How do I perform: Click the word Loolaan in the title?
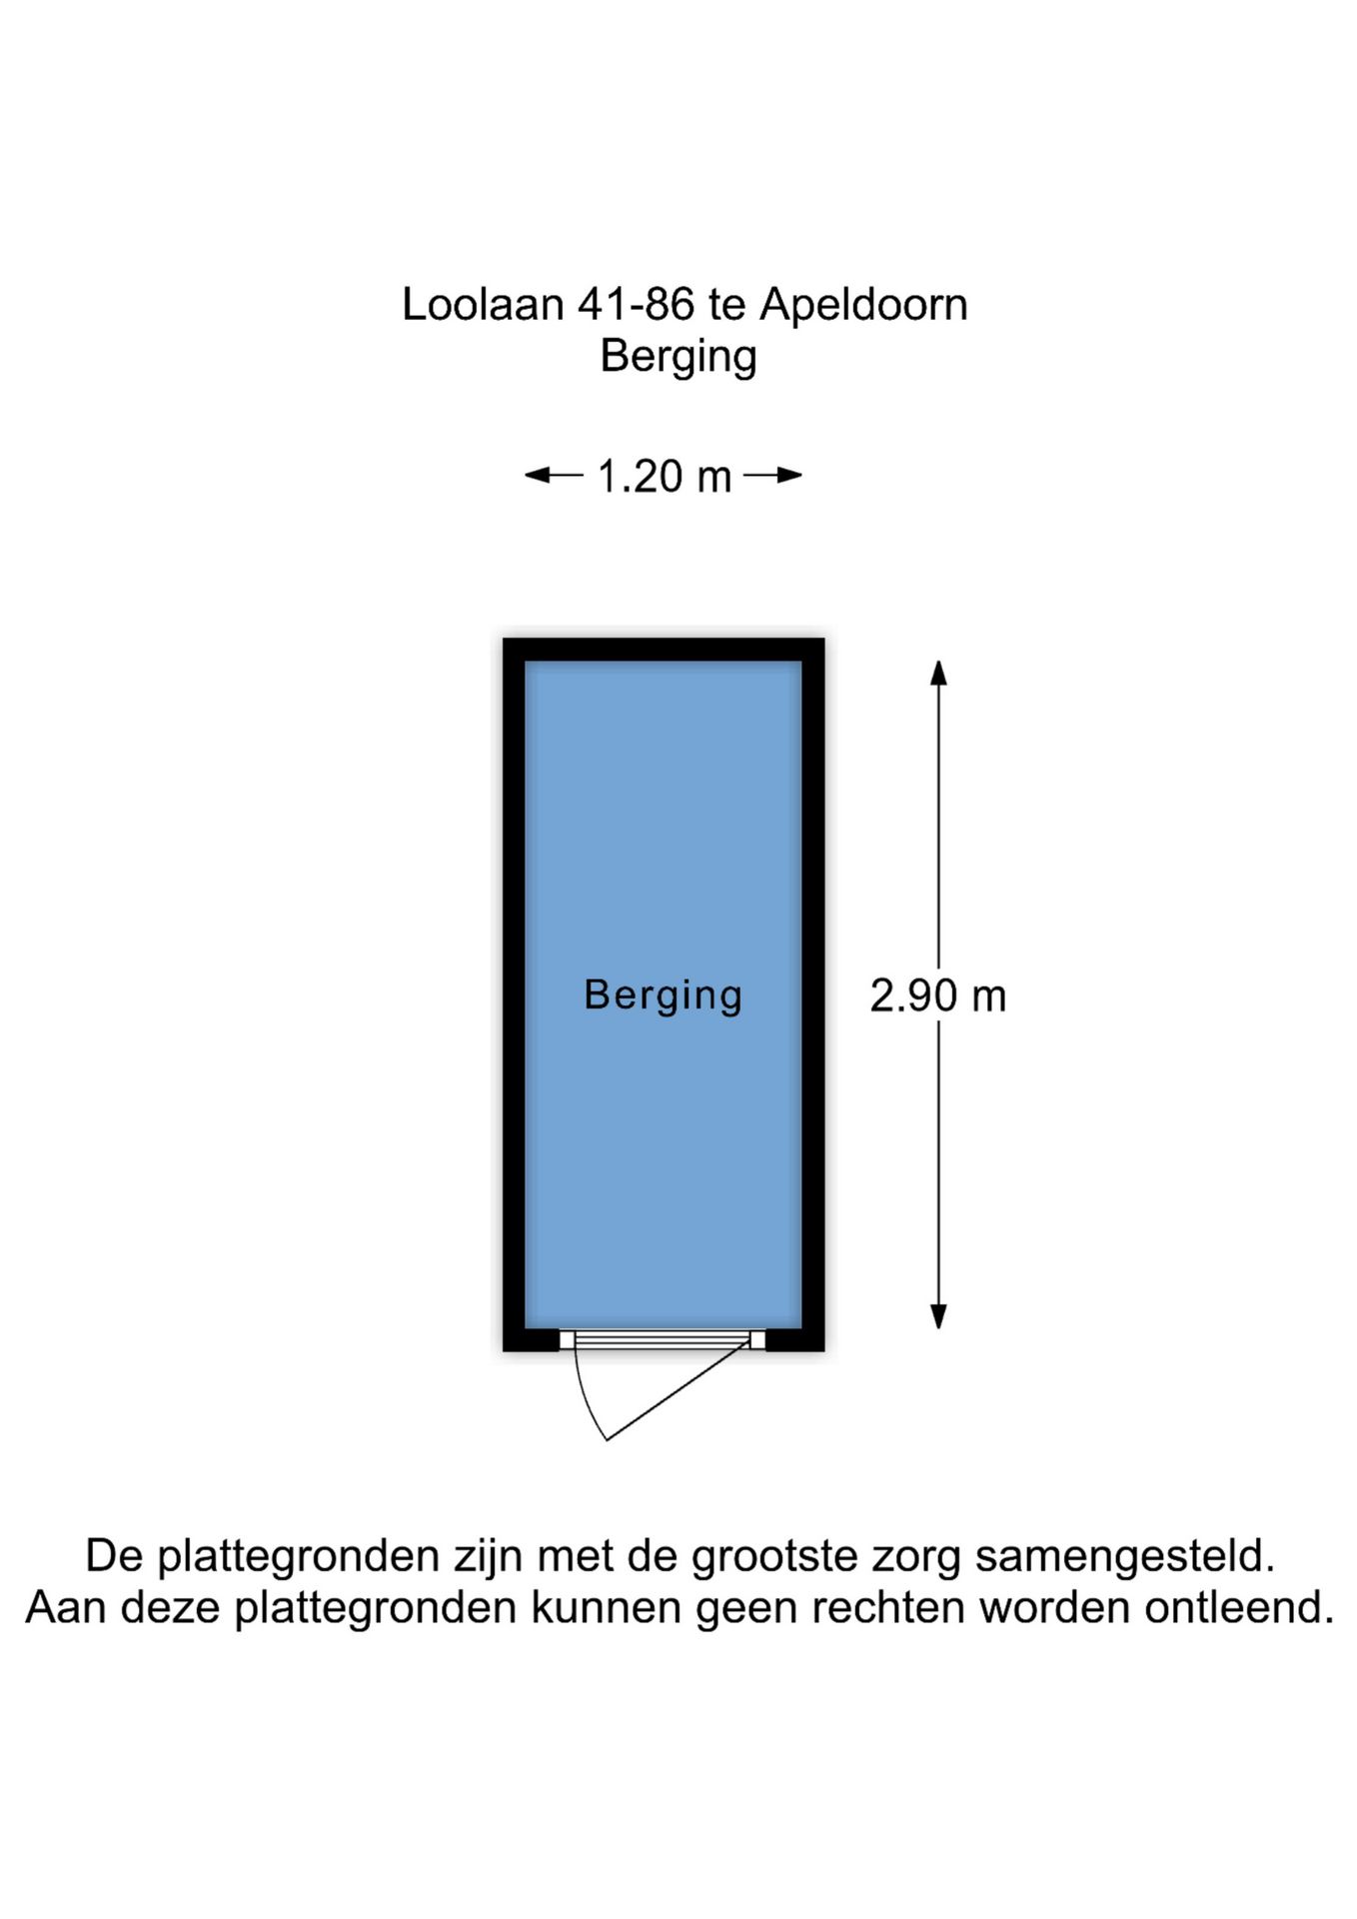coord(483,305)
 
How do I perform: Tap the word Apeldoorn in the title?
coord(863,305)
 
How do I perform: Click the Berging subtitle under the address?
coord(678,357)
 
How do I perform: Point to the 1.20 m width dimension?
coord(665,477)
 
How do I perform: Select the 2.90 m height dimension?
coord(937,996)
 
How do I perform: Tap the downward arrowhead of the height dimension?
coord(938,1316)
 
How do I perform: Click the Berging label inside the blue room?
coord(663,995)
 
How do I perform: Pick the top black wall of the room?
coord(664,650)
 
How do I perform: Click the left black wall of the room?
coord(514,994)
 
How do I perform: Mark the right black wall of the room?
coord(813,994)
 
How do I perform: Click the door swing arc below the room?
coord(584,1399)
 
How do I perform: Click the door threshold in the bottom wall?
coord(663,1339)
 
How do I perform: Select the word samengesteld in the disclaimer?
coord(1124,1556)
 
